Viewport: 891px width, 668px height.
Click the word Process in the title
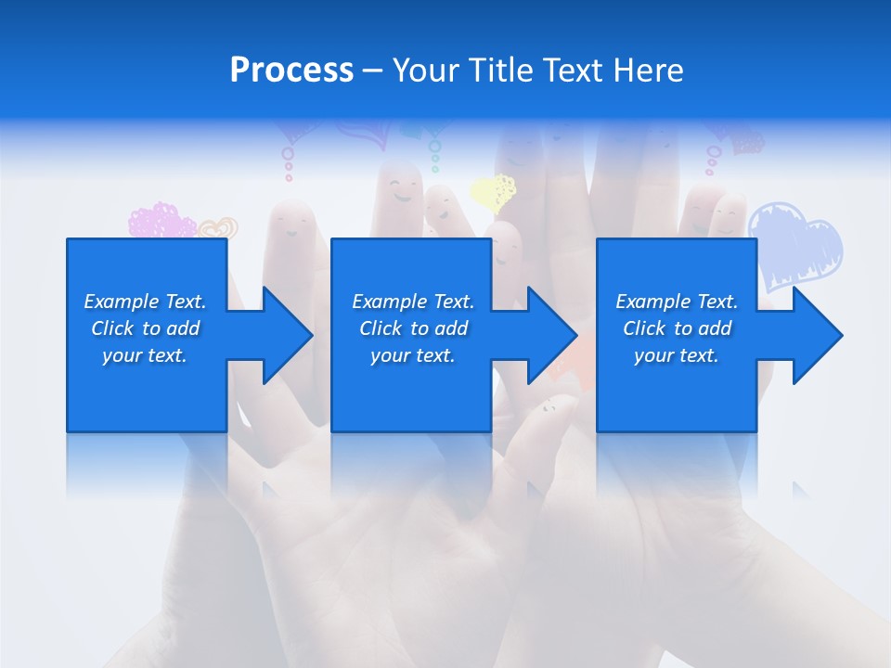click(291, 71)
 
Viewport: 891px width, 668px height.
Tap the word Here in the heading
click(647, 71)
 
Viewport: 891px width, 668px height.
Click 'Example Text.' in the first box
click(145, 302)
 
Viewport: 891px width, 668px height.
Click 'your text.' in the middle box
click(412, 355)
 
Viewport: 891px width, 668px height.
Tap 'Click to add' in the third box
click(677, 328)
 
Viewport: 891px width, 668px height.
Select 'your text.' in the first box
click(145, 355)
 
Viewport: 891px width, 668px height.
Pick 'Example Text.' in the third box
click(677, 302)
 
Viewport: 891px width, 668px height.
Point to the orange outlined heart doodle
click(219, 227)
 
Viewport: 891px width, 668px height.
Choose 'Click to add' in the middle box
click(412, 328)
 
